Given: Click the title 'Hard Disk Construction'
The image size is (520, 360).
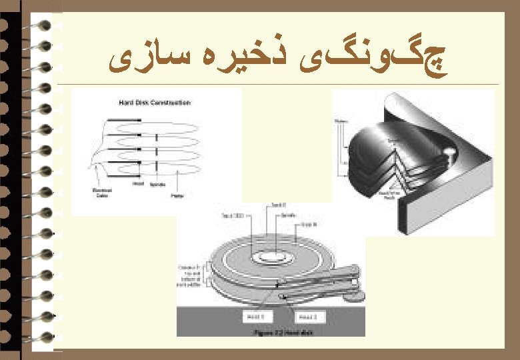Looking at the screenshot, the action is [x=155, y=103].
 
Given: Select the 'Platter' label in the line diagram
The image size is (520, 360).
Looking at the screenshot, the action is [x=177, y=195].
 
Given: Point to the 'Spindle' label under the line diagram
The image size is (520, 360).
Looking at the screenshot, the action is [x=157, y=184].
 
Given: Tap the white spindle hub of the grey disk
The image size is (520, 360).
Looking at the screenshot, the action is [x=271, y=256].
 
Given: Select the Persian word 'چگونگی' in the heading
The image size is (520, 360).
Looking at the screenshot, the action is [x=405, y=61].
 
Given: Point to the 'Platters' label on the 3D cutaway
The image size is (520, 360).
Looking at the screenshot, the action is [x=340, y=121].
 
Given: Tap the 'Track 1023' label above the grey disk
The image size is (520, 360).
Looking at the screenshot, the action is [x=233, y=215].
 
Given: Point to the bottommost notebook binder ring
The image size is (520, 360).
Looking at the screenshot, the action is [x=41, y=337].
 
